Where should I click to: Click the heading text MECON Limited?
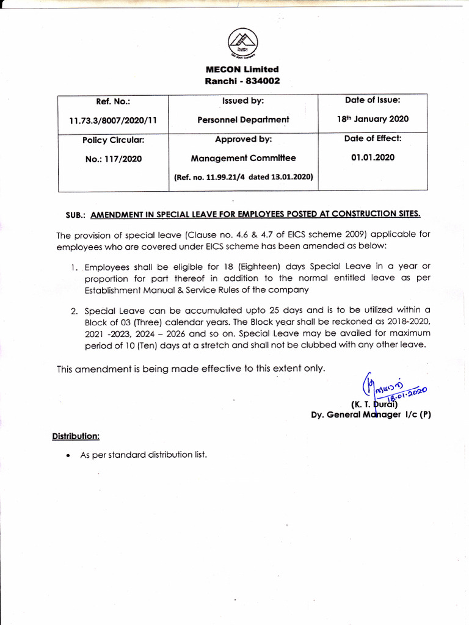(x=242, y=70)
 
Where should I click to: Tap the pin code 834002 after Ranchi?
(x=263, y=81)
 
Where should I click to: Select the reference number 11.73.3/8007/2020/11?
(x=113, y=120)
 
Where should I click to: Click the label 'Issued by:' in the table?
(x=243, y=101)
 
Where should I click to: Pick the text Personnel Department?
(x=243, y=120)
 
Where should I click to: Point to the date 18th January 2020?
(x=373, y=119)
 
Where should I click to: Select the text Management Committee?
(x=243, y=158)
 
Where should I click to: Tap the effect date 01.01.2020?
(x=373, y=157)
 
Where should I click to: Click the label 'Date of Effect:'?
(x=373, y=139)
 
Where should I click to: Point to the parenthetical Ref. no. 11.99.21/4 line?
(x=243, y=177)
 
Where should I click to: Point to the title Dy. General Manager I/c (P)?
(x=371, y=414)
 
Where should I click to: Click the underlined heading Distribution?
(x=76, y=436)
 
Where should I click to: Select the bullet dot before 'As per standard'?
(x=67, y=455)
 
